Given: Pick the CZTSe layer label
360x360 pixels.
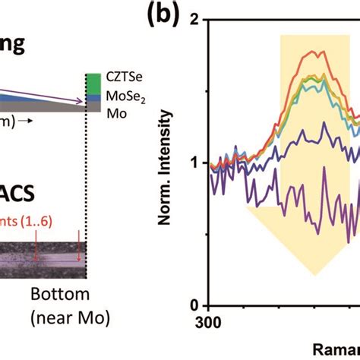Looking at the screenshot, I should (121, 78).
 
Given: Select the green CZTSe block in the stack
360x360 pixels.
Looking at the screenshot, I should (93, 81).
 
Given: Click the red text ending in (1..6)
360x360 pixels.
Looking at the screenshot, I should (30, 219).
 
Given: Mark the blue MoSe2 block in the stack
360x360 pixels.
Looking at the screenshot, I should (93, 97).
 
